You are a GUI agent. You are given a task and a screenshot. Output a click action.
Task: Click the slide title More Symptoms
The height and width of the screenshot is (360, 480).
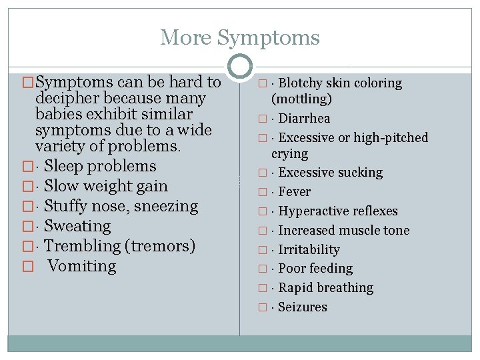(x=240, y=37)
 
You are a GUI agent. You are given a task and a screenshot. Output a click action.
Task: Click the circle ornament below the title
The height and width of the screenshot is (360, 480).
(x=240, y=67)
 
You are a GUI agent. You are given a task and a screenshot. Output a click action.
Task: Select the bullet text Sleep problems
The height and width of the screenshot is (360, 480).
(x=100, y=167)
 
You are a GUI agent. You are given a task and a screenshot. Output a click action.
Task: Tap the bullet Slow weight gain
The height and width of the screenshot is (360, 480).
(x=106, y=187)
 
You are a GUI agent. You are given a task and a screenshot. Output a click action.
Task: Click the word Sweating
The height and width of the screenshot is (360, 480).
(x=77, y=227)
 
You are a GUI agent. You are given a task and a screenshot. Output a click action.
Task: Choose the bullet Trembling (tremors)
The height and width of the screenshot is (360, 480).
(x=120, y=247)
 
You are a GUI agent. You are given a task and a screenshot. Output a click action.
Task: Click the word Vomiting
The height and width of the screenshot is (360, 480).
(x=82, y=267)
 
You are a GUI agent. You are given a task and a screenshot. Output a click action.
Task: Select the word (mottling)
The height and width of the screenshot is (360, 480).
(x=301, y=99)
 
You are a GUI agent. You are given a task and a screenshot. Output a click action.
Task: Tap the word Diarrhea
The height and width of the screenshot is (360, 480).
(x=304, y=119)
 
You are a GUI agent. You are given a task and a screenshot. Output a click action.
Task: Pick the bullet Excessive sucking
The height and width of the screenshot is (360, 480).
(x=330, y=173)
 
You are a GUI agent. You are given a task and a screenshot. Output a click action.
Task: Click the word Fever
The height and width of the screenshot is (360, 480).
(x=294, y=192)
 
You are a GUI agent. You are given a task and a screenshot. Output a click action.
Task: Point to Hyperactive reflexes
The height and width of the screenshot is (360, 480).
(x=337, y=211)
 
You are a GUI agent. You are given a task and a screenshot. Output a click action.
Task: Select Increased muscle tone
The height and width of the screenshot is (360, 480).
(x=343, y=231)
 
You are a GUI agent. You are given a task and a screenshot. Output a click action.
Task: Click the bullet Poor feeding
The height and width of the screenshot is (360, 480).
(x=315, y=269)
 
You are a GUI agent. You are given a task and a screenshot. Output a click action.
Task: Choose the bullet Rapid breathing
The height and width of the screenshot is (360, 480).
(x=325, y=288)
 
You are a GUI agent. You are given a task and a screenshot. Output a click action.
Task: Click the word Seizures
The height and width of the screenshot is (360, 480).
(x=303, y=307)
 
